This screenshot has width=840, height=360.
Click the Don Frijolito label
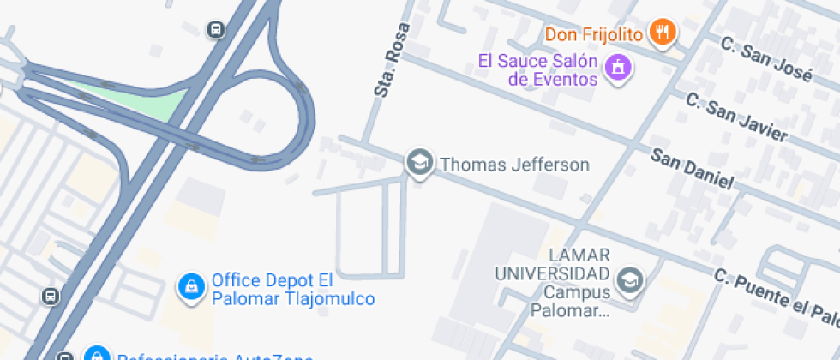594,34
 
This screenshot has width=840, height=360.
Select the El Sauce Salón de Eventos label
537,70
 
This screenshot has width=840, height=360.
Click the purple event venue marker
617,66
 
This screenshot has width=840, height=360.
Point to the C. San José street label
765,58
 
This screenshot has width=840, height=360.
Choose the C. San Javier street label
737,117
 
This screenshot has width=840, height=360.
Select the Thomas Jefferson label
514,165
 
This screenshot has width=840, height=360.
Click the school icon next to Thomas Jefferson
419,162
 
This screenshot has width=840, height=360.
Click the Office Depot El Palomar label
272,280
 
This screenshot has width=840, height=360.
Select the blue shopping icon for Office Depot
190,287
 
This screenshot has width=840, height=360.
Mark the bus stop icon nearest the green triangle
216,30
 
